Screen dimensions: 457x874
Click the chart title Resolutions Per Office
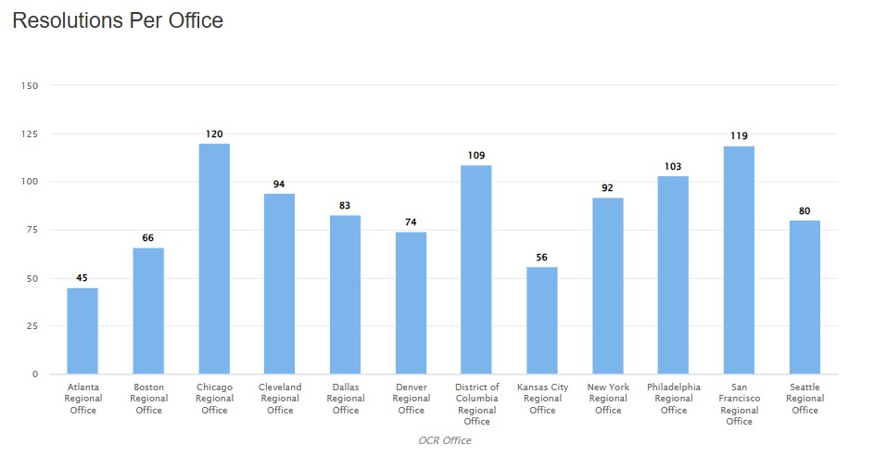point(118,20)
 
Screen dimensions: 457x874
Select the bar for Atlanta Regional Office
point(82,331)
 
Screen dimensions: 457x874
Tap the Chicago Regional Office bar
point(214,260)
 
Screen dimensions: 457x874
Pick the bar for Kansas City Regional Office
point(542,321)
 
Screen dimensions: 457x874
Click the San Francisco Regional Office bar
point(739,260)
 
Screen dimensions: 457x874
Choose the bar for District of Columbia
point(476,270)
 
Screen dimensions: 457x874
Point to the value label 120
point(214,134)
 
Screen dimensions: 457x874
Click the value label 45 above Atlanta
point(82,278)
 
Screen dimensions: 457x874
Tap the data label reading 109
point(476,156)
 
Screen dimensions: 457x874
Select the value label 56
point(542,258)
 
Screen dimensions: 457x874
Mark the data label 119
point(739,136)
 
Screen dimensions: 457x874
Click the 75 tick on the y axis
point(32,230)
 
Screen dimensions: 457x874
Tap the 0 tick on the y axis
point(35,374)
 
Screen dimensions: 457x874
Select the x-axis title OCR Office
point(444,440)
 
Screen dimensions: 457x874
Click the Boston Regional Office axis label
point(148,399)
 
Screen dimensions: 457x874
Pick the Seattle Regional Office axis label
point(804,399)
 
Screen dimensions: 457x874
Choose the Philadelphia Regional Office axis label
point(674,399)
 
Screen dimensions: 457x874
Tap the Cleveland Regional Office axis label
point(280,399)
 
